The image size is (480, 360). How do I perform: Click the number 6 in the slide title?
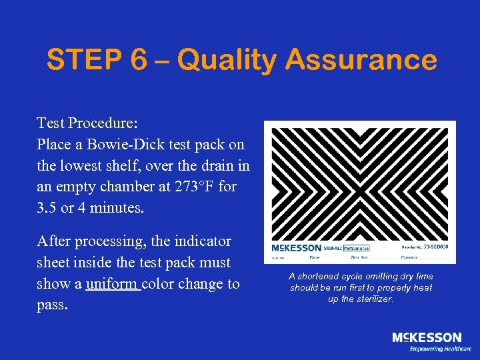[139, 61]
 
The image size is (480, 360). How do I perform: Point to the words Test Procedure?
[87, 123]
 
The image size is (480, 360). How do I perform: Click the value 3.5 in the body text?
[48, 208]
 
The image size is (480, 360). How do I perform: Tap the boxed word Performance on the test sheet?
[356, 248]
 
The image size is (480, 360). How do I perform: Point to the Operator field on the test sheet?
[411, 257]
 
